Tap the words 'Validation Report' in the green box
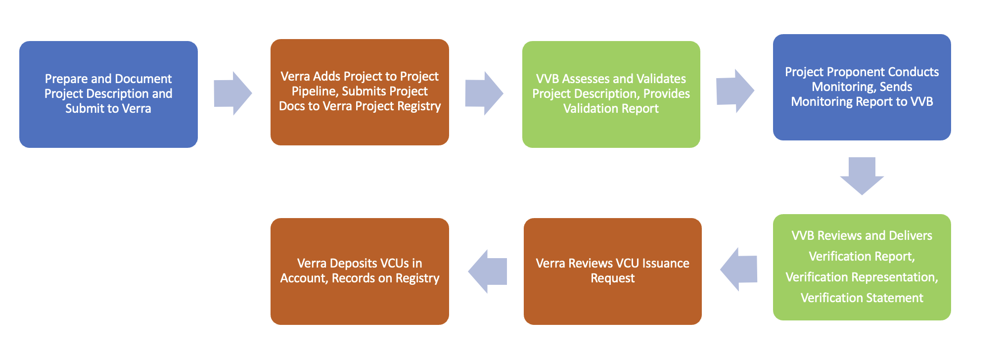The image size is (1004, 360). point(611,109)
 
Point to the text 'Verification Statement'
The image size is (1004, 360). point(862,298)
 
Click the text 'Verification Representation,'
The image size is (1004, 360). point(862,277)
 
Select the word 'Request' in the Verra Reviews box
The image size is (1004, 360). point(612,278)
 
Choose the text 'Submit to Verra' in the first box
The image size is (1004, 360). point(108,109)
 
